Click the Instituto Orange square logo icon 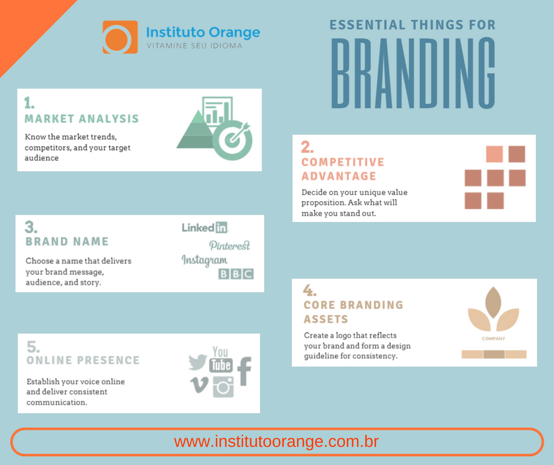click(x=120, y=37)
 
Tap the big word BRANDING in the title click(x=413, y=73)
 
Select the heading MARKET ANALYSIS click(x=81, y=119)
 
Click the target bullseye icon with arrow click(x=233, y=139)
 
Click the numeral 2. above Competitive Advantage click(x=307, y=147)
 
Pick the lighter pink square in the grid click(x=494, y=154)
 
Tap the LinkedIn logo click(x=205, y=228)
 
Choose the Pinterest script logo click(x=229, y=245)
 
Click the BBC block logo click(x=236, y=274)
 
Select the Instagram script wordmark click(x=205, y=261)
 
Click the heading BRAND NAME click(x=67, y=241)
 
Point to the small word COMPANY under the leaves click(x=493, y=339)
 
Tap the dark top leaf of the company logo click(x=493, y=303)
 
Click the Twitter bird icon click(x=197, y=362)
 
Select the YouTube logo click(x=221, y=359)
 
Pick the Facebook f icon click(x=244, y=371)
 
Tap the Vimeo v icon click(x=199, y=385)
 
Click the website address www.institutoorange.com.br click(x=276, y=441)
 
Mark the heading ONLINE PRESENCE click(x=83, y=360)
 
